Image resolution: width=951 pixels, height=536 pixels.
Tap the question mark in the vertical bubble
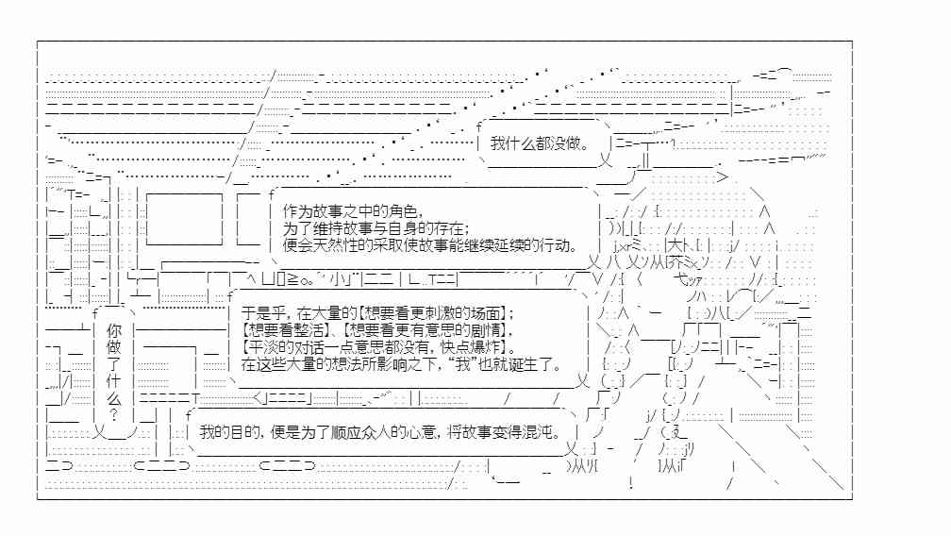coord(113,414)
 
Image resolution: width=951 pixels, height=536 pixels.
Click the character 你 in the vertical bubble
coord(113,331)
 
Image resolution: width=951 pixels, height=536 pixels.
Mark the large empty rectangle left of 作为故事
coord(184,218)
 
